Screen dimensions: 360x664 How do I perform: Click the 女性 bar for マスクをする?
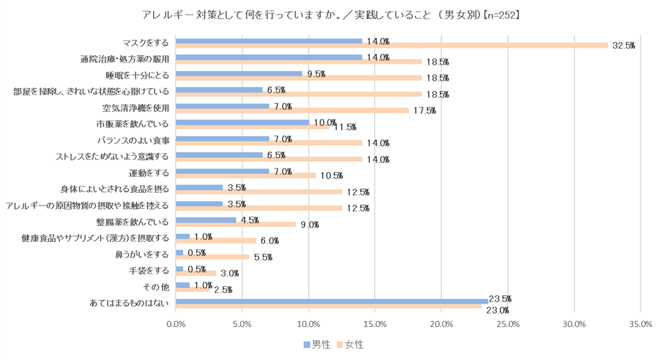[x=391, y=45]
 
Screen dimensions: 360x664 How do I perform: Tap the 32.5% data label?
[x=624, y=46]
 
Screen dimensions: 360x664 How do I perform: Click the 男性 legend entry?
[x=317, y=345]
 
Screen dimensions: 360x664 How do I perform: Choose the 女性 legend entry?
[x=351, y=345]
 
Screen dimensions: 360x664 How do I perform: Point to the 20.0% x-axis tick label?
[x=441, y=325]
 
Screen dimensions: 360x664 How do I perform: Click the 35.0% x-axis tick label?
[x=640, y=325]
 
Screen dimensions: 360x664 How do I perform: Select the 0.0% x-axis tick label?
[x=176, y=325]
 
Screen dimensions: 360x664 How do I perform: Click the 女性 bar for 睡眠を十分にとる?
[x=298, y=78]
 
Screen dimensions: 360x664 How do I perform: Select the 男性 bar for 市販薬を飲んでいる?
[x=242, y=122]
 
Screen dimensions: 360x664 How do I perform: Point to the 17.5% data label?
[x=424, y=111]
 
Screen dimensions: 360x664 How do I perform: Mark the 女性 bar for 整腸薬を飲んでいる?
[x=235, y=224]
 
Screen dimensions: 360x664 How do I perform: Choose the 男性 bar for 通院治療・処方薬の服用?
[x=268, y=57]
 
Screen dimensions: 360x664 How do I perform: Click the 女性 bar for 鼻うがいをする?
[x=212, y=257]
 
